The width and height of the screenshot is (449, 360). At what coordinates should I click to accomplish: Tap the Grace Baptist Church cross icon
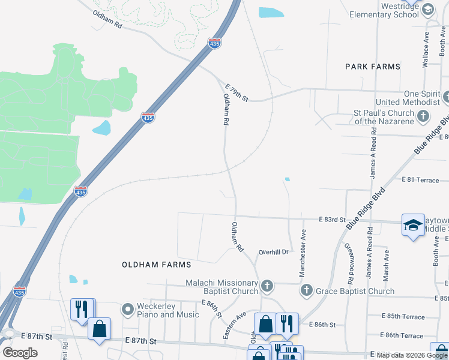[306, 291]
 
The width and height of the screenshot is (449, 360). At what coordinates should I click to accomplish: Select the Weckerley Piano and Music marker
[127, 310]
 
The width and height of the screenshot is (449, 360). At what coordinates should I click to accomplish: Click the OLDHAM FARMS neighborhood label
[156, 264]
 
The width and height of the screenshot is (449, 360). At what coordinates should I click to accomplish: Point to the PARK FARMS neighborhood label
[372, 67]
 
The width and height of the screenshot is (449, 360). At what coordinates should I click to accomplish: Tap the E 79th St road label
[237, 92]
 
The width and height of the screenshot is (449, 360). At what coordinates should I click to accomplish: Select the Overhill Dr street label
[274, 252]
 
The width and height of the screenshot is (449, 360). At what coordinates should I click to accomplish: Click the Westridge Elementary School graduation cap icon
[427, 10]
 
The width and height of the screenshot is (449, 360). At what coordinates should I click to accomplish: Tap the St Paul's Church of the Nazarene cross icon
[423, 116]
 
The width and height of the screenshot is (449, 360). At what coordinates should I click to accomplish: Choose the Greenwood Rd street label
[348, 264]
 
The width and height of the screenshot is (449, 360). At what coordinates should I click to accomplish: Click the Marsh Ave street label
[386, 260]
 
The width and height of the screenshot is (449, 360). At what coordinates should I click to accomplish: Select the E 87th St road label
[141, 341]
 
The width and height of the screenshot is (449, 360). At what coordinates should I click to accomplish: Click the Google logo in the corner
[20, 353]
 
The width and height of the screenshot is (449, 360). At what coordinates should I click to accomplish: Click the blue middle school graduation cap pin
[412, 225]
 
